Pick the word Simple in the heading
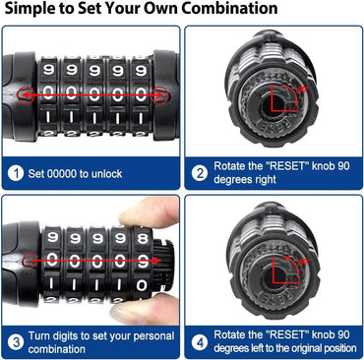29,10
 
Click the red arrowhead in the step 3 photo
146,261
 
